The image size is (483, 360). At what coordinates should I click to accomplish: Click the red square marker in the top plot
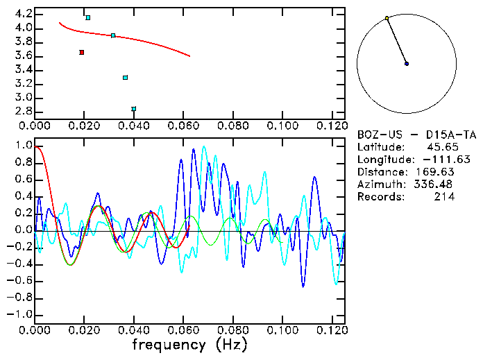coord(82,53)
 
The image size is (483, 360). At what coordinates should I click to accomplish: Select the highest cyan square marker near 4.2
coord(87,17)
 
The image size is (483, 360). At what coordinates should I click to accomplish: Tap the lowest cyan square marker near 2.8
coord(134,109)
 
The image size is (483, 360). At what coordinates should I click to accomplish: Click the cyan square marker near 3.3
coord(125,78)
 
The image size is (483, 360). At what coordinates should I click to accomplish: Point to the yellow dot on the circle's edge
coord(387,18)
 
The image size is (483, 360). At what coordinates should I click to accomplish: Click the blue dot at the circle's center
coord(407,64)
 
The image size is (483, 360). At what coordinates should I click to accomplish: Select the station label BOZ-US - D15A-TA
coord(417,135)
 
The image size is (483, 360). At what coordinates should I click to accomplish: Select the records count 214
coord(445,197)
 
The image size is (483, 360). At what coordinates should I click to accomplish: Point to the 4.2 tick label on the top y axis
coord(24,14)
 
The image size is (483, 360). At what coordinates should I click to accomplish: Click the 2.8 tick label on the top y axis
coord(24,112)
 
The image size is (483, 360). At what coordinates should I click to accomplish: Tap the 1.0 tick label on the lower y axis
coord(24,146)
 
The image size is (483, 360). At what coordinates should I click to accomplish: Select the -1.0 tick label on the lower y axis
coord(21,314)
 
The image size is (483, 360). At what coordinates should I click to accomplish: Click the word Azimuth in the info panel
coord(379,185)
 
